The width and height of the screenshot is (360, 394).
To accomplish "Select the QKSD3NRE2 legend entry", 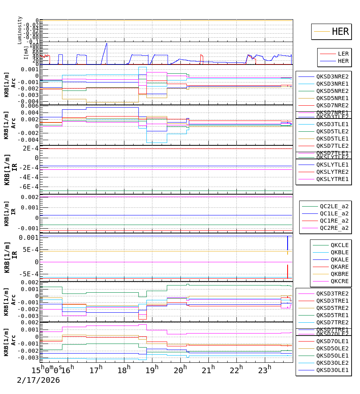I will pyautogui.click(x=332, y=76).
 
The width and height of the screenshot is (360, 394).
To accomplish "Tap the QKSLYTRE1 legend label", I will pyautogui.click(x=332, y=179).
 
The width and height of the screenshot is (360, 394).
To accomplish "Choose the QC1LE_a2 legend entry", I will pyautogui.click(x=334, y=213).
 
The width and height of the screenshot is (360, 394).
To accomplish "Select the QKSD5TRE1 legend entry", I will pyautogui.click(x=332, y=315).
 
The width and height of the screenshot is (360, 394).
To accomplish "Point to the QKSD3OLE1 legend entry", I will pyautogui.click(x=332, y=370).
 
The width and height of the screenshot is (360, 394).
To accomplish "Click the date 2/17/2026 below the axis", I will pyautogui.click(x=38, y=380).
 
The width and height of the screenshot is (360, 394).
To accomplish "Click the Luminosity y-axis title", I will pyautogui.click(x=20, y=30).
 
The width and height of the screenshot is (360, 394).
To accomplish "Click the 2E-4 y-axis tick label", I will pyautogui.click(x=30, y=149).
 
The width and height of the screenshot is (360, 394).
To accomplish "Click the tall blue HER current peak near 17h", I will pyautogui.click(x=106, y=44).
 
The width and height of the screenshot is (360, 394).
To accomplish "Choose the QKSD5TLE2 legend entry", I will pyautogui.click(x=332, y=131).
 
